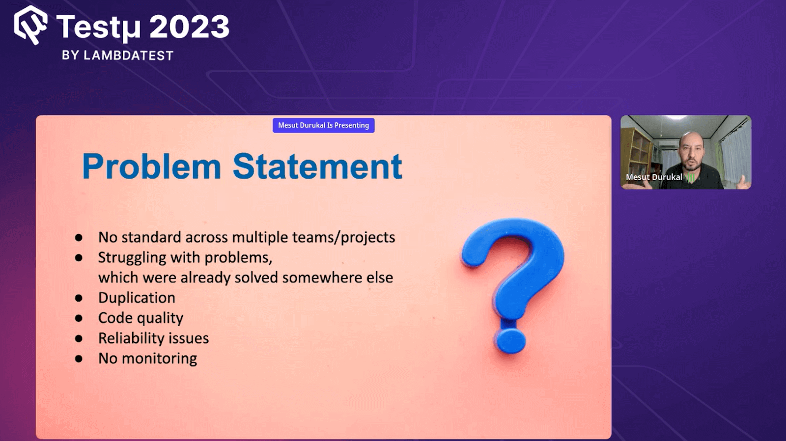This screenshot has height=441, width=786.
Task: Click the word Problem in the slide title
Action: [151, 167]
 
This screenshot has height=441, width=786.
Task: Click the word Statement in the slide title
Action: [317, 167]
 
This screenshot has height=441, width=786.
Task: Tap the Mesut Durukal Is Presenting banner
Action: [323, 125]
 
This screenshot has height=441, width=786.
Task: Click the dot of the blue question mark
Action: [510, 340]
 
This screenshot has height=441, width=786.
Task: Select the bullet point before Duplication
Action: [79, 298]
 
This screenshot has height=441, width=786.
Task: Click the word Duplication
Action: [137, 298]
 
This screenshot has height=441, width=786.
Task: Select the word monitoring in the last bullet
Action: [159, 358]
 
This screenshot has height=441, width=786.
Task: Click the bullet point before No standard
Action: [79, 238]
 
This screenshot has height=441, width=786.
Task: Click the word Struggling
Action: [132, 258]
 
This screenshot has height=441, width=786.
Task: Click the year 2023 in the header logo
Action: [189, 27]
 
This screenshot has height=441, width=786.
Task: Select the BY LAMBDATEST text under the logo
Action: [117, 55]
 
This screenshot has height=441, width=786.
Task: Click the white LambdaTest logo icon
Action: [30, 25]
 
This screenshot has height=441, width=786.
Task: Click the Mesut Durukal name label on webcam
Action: [653, 177]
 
